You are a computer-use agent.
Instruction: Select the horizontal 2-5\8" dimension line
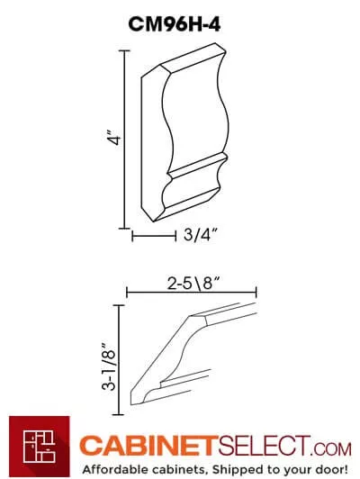coord(192,292)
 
